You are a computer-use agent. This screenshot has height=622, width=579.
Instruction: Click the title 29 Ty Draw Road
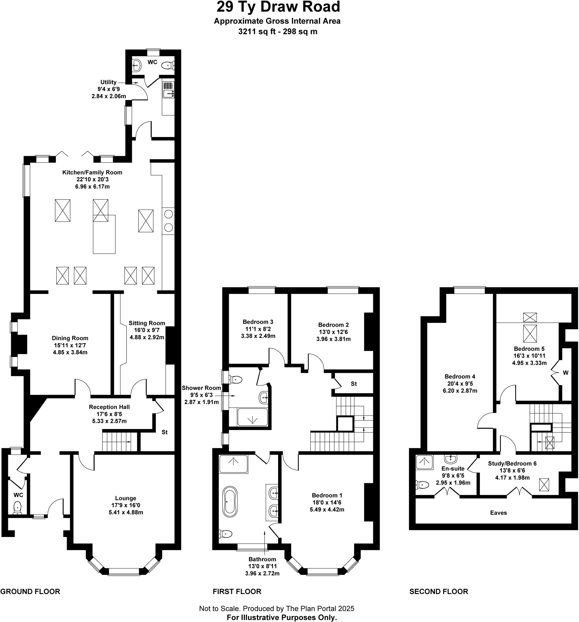(278, 7)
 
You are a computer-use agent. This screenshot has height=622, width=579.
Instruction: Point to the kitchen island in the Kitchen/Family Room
(104, 234)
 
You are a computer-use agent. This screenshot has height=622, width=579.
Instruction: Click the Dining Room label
(70, 338)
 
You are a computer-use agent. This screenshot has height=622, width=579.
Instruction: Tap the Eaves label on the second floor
(498, 512)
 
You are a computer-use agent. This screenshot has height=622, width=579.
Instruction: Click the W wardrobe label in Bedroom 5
(566, 373)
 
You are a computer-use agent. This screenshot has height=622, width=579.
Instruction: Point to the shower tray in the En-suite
(424, 462)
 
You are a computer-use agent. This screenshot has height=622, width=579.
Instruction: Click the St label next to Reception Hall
(164, 432)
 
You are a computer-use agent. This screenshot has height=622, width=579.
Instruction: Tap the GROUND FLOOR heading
(30, 591)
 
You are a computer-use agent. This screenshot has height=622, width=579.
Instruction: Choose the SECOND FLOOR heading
(438, 591)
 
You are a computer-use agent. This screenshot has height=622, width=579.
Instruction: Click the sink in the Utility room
(168, 93)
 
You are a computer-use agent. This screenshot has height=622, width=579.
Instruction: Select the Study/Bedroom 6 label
(512, 463)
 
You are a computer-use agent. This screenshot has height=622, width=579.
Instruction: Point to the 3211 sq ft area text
(256, 31)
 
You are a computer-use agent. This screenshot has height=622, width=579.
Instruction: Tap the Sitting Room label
(146, 323)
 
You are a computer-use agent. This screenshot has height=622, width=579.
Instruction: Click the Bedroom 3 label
(258, 322)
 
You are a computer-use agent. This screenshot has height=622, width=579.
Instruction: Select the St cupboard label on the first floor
(353, 384)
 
